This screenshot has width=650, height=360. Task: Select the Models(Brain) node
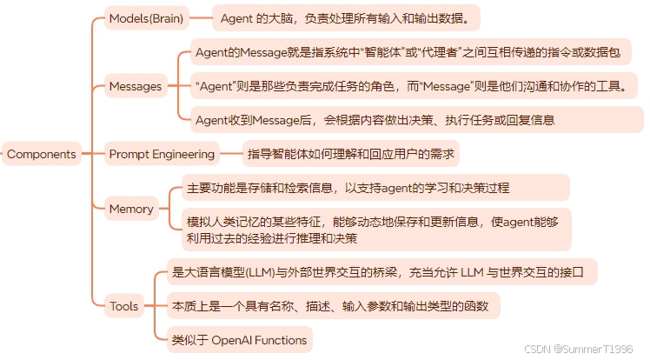pyautogui.click(x=146, y=17)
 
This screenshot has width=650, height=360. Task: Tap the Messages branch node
pyautogui.click(x=135, y=86)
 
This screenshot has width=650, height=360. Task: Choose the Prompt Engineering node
pyautogui.click(x=162, y=154)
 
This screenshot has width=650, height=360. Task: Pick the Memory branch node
pyautogui.click(x=131, y=209)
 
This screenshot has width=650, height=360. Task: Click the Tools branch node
pyautogui.click(x=123, y=305)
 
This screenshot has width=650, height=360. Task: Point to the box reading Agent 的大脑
pyautogui.click(x=346, y=17)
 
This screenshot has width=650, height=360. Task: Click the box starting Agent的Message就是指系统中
pyautogui.click(x=408, y=53)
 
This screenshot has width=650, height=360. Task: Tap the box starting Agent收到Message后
pyautogui.click(x=375, y=120)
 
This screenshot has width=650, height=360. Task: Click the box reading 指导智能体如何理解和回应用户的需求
pyautogui.click(x=350, y=154)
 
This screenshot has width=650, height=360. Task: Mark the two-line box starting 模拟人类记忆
pyautogui.click(x=376, y=230)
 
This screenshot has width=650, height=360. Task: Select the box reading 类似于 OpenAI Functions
pyautogui.click(x=241, y=338)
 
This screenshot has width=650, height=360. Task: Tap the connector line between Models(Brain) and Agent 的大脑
pyautogui.click(x=201, y=17)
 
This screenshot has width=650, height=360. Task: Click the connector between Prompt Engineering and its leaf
pyautogui.click(x=229, y=154)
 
